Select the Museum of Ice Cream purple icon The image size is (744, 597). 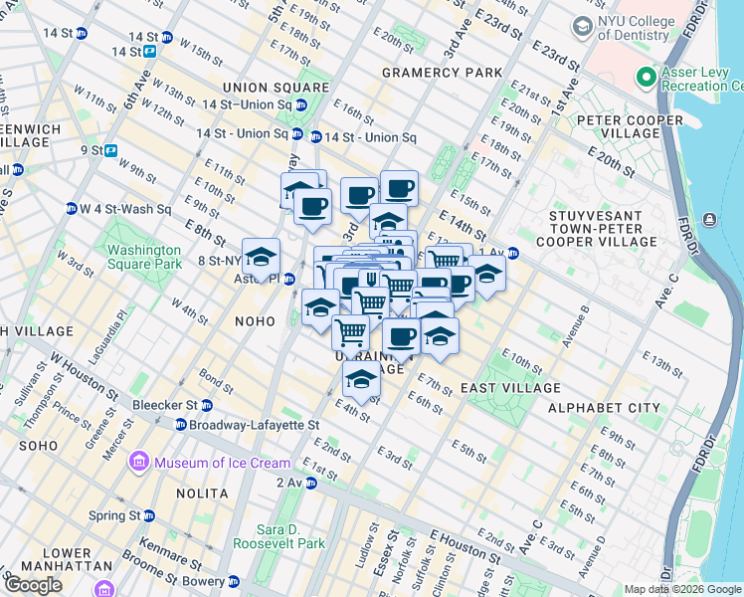[x=139, y=463]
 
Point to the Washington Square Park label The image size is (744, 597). [x=145, y=257]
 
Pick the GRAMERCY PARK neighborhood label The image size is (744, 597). [x=432, y=74]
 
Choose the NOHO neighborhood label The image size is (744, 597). [x=254, y=321]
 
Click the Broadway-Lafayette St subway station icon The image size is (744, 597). [x=180, y=424]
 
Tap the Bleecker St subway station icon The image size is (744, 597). [x=206, y=405]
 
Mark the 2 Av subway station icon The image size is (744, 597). [x=311, y=484]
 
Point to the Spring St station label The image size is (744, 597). [x=114, y=515]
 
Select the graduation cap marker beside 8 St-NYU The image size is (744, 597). [x=261, y=257]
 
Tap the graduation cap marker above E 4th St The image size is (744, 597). [x=361, y=379]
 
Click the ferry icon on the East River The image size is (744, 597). [x=709, y=219]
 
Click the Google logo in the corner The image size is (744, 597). [x=33, y=585]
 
